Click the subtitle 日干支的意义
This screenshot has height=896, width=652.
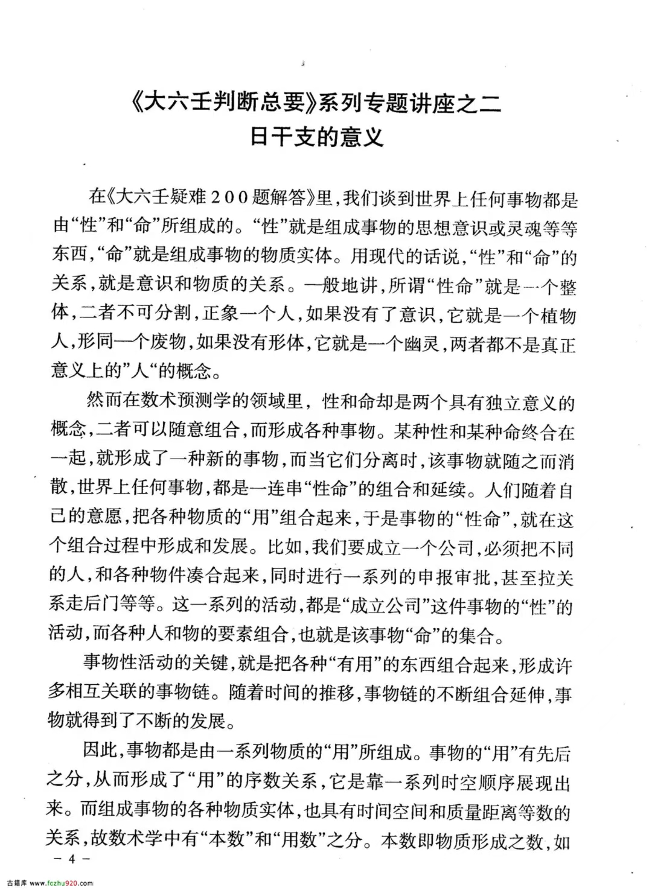coord(318,138)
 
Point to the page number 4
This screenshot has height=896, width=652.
coord(71,860)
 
